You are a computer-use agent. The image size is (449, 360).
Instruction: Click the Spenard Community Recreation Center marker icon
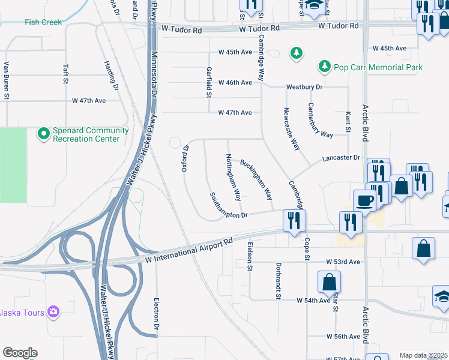click(x=43, y=134)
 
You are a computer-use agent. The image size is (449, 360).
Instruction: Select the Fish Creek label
click(x=43, y=22)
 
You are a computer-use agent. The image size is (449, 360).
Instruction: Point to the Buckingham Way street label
click(x=256, y=179)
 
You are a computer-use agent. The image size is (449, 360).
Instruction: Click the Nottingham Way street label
click(x=233, y=178)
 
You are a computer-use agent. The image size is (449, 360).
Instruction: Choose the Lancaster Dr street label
click(x=340, y=157)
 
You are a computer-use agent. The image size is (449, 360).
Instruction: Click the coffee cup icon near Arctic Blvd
click(x=365, y=200)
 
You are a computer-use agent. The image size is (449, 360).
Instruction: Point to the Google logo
click(x=20, y=353)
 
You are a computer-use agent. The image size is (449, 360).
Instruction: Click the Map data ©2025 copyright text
click(x=423, y=355)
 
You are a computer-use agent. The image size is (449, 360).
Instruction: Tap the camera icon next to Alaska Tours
click(x=53, y=311)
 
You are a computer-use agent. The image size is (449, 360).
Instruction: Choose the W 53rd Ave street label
click(x=343, y=262)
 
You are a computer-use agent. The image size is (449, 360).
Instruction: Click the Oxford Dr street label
click(x=185, y=158)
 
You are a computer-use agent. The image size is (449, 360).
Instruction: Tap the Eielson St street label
click(x=250, y=256)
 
